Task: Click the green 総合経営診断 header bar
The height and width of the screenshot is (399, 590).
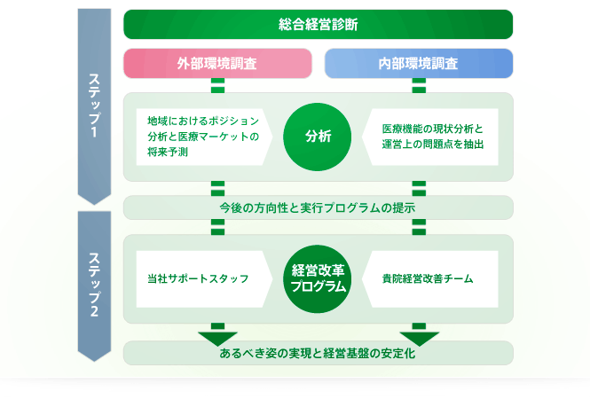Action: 318,25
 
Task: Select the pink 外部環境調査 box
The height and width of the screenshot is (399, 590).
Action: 217,63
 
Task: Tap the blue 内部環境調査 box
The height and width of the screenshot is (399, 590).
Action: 419,63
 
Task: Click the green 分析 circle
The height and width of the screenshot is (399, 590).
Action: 318,137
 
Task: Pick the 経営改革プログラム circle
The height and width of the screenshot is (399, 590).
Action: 318,279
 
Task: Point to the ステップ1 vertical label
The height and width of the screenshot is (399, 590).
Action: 94,106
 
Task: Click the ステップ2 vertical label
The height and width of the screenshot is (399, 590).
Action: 94,285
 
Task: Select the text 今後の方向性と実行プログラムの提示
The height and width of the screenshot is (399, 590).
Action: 318,207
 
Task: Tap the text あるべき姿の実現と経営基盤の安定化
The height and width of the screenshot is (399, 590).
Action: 318,353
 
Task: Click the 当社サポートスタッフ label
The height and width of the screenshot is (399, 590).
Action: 198,278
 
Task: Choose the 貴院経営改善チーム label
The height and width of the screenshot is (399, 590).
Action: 428,278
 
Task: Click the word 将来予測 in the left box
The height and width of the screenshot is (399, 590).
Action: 168,152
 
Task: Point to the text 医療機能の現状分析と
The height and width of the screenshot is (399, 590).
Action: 432,129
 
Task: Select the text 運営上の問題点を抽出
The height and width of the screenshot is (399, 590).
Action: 433,144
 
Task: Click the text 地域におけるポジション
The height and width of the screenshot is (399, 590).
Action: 203,121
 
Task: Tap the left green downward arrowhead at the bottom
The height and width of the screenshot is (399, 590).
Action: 218,339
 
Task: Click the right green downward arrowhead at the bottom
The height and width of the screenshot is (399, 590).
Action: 419,339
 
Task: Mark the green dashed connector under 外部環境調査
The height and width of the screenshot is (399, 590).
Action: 218,85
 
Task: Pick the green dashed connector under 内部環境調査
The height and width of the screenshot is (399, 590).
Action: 419,85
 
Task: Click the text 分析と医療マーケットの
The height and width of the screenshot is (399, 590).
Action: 203,137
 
